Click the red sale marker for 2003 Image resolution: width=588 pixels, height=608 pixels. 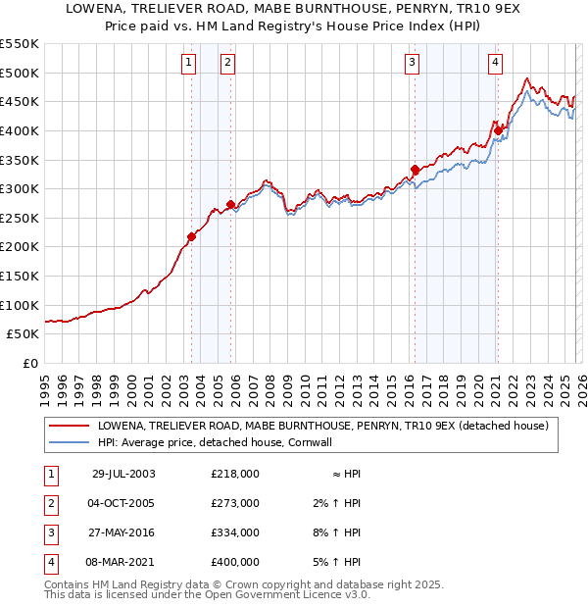click(x=192, y=236)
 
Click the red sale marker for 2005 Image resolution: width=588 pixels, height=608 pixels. click(x=230, y=205)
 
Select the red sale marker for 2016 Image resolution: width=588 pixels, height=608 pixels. click(x=415, y=169)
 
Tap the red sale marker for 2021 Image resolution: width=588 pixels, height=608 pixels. click(x=498, y=130)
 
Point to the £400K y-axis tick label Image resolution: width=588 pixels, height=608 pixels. click(x=20, y=130)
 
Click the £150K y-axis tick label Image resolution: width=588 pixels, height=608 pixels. click(x=20, y=276)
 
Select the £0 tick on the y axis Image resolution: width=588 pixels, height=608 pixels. click(x=31, y=363)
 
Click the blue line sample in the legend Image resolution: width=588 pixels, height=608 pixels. click(x=69, y=442)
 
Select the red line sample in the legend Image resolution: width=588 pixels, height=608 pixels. click(x=69, y=427)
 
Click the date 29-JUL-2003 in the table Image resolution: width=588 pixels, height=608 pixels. click(x=123, y=474)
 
